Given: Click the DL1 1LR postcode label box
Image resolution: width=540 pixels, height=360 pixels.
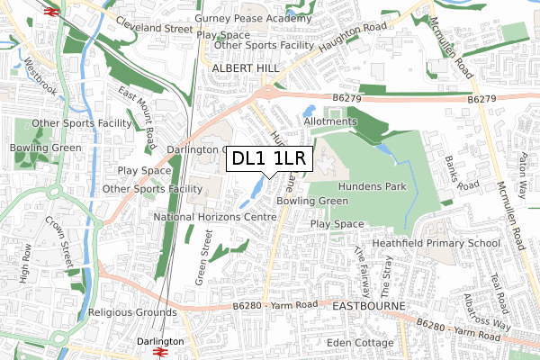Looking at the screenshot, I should coord(269,159).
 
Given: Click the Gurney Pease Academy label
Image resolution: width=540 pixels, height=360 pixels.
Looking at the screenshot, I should coord(252,19).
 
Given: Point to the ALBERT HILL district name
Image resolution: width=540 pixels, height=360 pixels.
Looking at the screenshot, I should coord(246,67).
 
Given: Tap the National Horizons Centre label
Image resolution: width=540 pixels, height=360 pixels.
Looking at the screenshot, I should coord(214,217).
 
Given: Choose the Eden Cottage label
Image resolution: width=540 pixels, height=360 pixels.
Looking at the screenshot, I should coord(361,343).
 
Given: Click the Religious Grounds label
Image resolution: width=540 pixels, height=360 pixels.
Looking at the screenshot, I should coord(132,313).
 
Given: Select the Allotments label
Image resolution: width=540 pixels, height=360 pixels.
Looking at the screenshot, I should coord(331,121).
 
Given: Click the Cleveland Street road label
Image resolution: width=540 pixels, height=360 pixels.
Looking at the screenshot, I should coord(154,28).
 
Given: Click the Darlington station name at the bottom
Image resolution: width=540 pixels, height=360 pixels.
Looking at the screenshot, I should coord(162,342).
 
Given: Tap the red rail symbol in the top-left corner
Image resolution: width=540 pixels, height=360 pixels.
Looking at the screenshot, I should coord(49,12).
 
